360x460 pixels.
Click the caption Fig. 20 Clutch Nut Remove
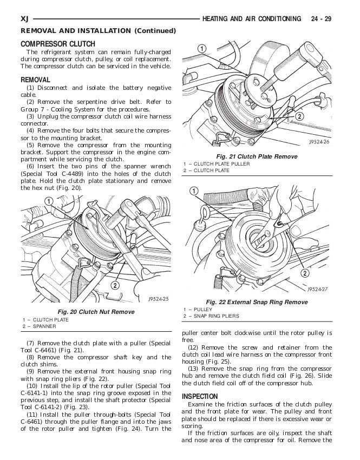pyautogui.click(x=96, y=312)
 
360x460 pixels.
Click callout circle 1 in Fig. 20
pyautogui.click(x=48, y=202)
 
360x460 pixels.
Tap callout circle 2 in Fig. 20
pyautogui.click(x=115, y=285)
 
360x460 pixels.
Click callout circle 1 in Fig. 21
pyautogui.click(x=201, y=50)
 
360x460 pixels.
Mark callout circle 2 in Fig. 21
pyautogui.click(x=298, y=116)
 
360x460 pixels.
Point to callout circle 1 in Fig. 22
pyautogui.click(x=194, y=191)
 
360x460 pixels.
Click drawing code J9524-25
pyautogui.click(x=158, y=299)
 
